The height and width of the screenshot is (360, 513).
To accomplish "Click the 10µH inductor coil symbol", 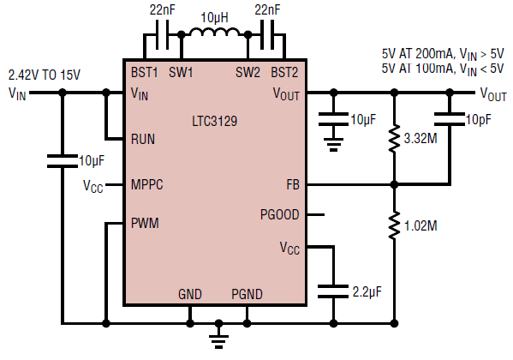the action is click(214, 32).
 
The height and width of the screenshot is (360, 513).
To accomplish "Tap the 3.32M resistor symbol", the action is click(394, 138).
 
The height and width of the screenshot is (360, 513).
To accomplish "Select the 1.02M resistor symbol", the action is click(394, 225).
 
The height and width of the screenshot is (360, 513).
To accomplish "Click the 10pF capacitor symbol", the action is click(450, 119).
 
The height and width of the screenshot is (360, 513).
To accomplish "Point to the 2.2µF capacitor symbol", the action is click(333, 291).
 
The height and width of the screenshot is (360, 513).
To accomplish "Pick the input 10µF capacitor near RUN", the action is click(63, 161).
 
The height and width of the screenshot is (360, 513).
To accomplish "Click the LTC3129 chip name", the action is click(214, 121).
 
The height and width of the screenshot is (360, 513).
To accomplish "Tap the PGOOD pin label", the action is click(280, 215).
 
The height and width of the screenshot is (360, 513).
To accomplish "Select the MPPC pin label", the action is click(147, 184).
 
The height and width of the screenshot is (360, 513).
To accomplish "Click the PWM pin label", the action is click(145, 223).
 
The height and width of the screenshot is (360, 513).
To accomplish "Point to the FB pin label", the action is click(293, 185).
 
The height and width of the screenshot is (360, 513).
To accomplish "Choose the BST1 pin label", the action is click(144, 72).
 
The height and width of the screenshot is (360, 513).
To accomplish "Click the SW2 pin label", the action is click(248, 72).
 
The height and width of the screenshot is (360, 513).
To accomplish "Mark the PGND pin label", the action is click(247, 294).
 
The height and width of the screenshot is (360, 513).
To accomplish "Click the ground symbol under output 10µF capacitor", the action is click(333, 144).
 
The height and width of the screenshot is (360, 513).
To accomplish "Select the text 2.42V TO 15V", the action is click(45, 75).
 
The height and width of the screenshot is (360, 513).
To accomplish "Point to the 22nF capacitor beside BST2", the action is click(267, 35).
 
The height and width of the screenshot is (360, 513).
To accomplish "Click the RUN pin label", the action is click(143, 139).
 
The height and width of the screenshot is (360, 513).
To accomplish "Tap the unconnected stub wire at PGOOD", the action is click(316, 215).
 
